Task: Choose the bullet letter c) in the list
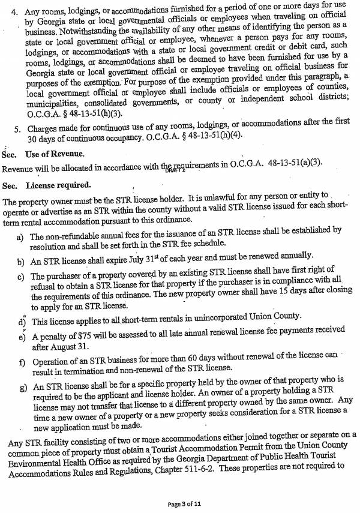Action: pyautogui.click(x=21, y=277)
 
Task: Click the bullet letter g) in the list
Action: pyautogui.click(x=21, y=387)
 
